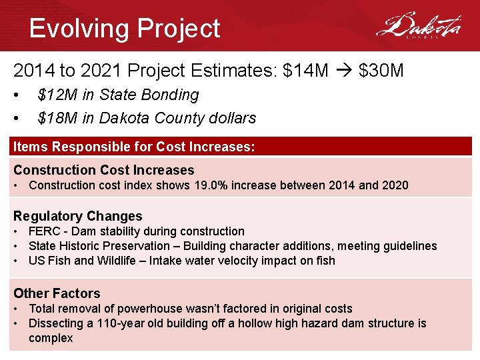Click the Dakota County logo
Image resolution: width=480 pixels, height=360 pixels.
click(x=418, y=27)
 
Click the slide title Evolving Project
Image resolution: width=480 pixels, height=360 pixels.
click(x=125, y=29)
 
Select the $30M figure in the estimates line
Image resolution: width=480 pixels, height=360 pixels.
click(x=381, y=70)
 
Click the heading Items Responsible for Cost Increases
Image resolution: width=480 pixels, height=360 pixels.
click(x=134, y=147)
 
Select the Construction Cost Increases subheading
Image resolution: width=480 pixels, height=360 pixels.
click(x=103, y=170)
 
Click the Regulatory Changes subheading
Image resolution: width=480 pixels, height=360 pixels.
click(x=78, y=216)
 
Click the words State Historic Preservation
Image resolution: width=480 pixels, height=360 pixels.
click(x=98, y=246)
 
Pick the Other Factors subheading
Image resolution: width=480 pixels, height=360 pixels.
click(x=57, y=293)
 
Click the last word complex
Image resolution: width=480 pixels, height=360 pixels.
click(x=51, y=338)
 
